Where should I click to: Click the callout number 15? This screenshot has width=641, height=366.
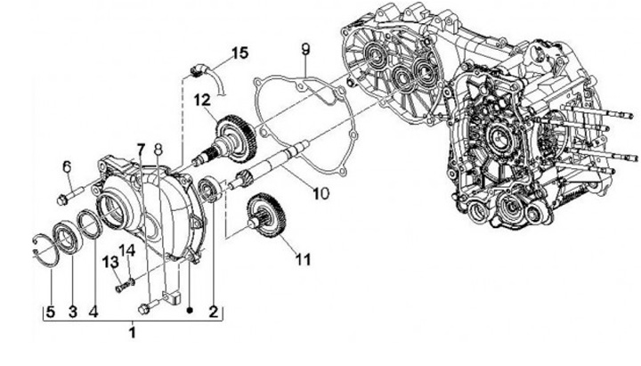[239, 53]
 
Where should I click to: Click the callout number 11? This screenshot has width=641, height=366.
[303, 260]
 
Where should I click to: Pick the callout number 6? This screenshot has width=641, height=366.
[66, 166]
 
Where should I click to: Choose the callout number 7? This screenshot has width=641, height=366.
[140, 147]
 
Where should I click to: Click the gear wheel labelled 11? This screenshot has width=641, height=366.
[269, 218]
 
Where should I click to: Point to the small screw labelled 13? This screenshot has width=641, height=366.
[120, 287]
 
